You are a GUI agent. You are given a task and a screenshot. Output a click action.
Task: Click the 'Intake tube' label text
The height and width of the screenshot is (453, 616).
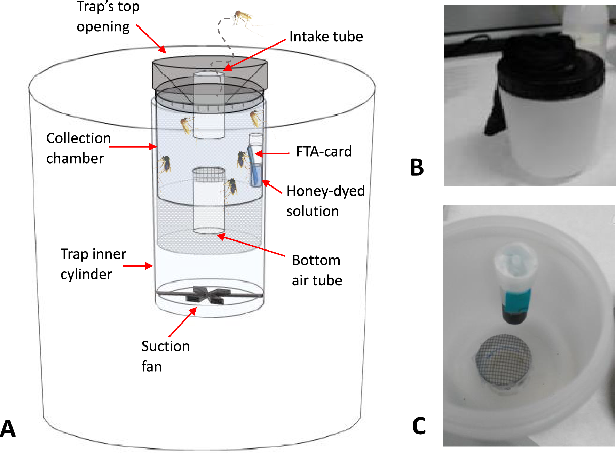(326, 37)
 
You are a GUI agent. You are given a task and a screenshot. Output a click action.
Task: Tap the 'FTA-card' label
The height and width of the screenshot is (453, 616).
(324, 152)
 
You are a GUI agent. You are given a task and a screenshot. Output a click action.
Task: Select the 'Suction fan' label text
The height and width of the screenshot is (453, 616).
(165, 356)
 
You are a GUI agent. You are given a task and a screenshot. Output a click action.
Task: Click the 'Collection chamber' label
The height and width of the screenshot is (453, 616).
(78, 148)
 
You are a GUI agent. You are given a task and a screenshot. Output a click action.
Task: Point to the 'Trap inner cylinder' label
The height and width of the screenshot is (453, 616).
(93, 264)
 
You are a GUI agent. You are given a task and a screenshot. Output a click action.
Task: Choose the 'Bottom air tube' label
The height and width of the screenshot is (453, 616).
(317, 270)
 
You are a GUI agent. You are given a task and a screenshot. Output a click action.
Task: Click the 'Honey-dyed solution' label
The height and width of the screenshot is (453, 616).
(325, 201)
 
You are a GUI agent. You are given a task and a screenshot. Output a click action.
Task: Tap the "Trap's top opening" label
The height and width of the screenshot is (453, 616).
(108, 16)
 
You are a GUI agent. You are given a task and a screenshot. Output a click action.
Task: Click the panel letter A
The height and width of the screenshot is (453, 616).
(8, 428)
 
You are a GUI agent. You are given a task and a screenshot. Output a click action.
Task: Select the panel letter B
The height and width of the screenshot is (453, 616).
(417, 167)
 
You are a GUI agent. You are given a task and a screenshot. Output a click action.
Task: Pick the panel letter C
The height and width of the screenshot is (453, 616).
(419, 426)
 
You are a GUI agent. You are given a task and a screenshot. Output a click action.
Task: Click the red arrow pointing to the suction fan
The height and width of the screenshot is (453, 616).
(183, 323)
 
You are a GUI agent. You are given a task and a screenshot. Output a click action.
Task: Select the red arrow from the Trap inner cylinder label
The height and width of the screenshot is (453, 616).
(138, 266)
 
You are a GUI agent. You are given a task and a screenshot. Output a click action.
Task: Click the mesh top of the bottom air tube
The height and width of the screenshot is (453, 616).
(209, 174)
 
